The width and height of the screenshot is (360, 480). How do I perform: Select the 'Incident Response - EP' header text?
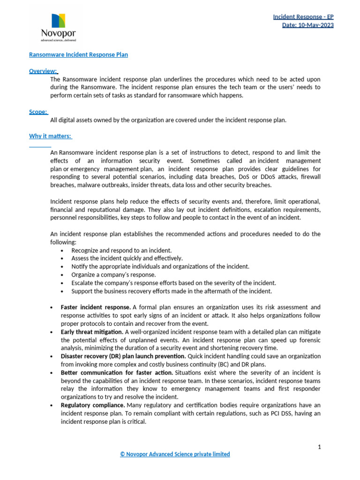303,17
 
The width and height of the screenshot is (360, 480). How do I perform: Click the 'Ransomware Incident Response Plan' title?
78,55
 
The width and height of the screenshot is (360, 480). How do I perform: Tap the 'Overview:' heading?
43,71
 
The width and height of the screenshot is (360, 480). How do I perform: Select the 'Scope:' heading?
38,112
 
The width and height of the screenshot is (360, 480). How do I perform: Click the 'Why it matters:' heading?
50,136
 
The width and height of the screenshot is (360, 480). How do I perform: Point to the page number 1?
319,447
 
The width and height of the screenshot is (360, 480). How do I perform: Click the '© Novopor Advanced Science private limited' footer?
175,454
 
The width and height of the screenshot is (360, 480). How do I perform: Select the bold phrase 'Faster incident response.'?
96,307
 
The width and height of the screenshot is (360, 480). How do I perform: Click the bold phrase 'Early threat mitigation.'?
92,332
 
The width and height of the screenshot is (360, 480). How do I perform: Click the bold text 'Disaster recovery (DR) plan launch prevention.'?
123,356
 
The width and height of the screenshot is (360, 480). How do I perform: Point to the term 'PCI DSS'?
278,413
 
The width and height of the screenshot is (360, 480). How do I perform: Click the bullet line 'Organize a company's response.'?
113,275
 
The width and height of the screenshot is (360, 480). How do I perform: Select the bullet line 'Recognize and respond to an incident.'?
121,250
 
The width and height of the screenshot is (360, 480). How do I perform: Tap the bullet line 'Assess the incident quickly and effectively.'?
127,258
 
